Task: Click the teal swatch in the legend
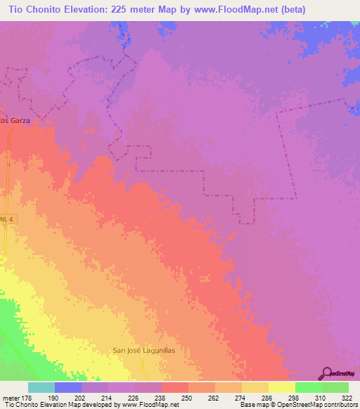click(x=41, y=387)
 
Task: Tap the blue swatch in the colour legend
click(x=68, y=387)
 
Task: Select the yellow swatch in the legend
click(x=282, y=387)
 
